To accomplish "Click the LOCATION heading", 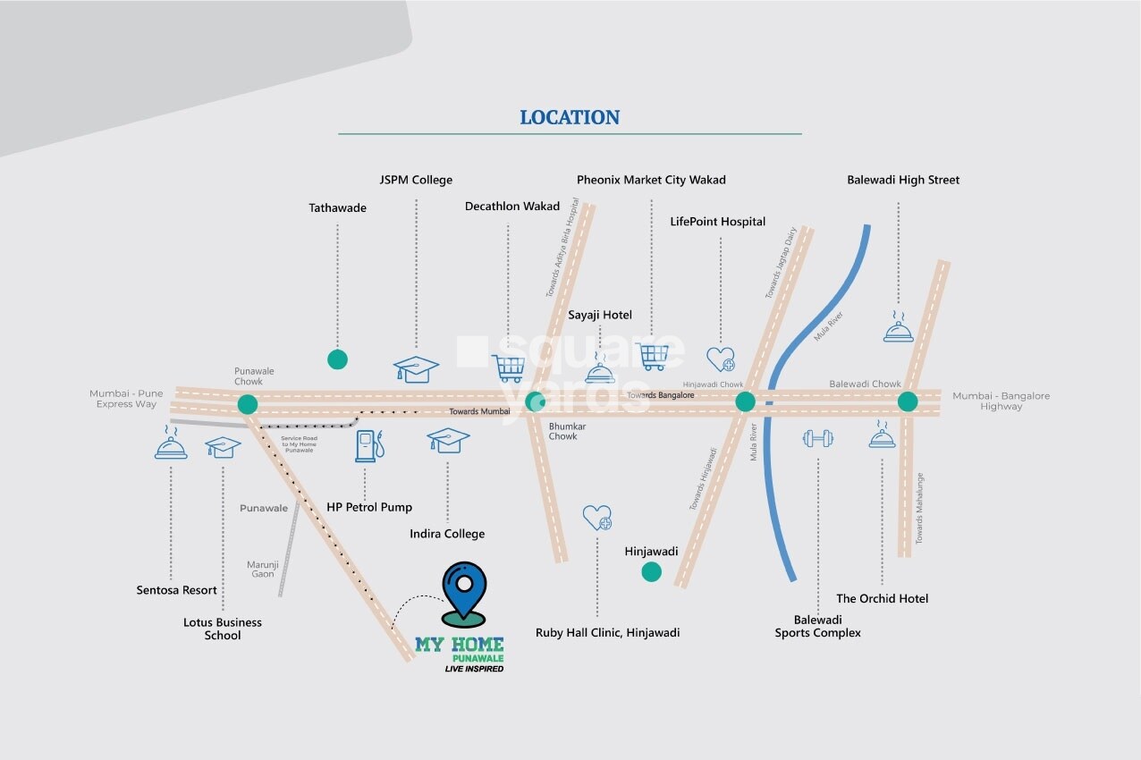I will (570, 117).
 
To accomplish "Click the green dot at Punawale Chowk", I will (248, 404).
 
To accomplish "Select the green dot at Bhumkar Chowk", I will (534, 401).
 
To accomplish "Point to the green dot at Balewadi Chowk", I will (908, 401).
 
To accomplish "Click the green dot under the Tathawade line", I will (337, 359).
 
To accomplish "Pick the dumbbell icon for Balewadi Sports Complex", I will (818, 438).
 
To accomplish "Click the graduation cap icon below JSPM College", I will (417, 368).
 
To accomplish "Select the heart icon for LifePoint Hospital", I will (721, 359).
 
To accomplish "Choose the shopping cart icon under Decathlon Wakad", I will (508, 367).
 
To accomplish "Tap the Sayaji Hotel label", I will (600, 315).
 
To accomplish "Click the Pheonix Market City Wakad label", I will (651, 180).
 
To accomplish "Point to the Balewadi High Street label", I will (903, 180).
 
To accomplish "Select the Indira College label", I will (447, 534).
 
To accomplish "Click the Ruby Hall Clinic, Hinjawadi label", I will (607, 632).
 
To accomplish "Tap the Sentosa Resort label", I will (177, 590).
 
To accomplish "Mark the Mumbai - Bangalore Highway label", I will (1001, 401).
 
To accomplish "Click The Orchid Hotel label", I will (882, 598).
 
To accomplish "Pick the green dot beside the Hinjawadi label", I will (652, 571).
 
